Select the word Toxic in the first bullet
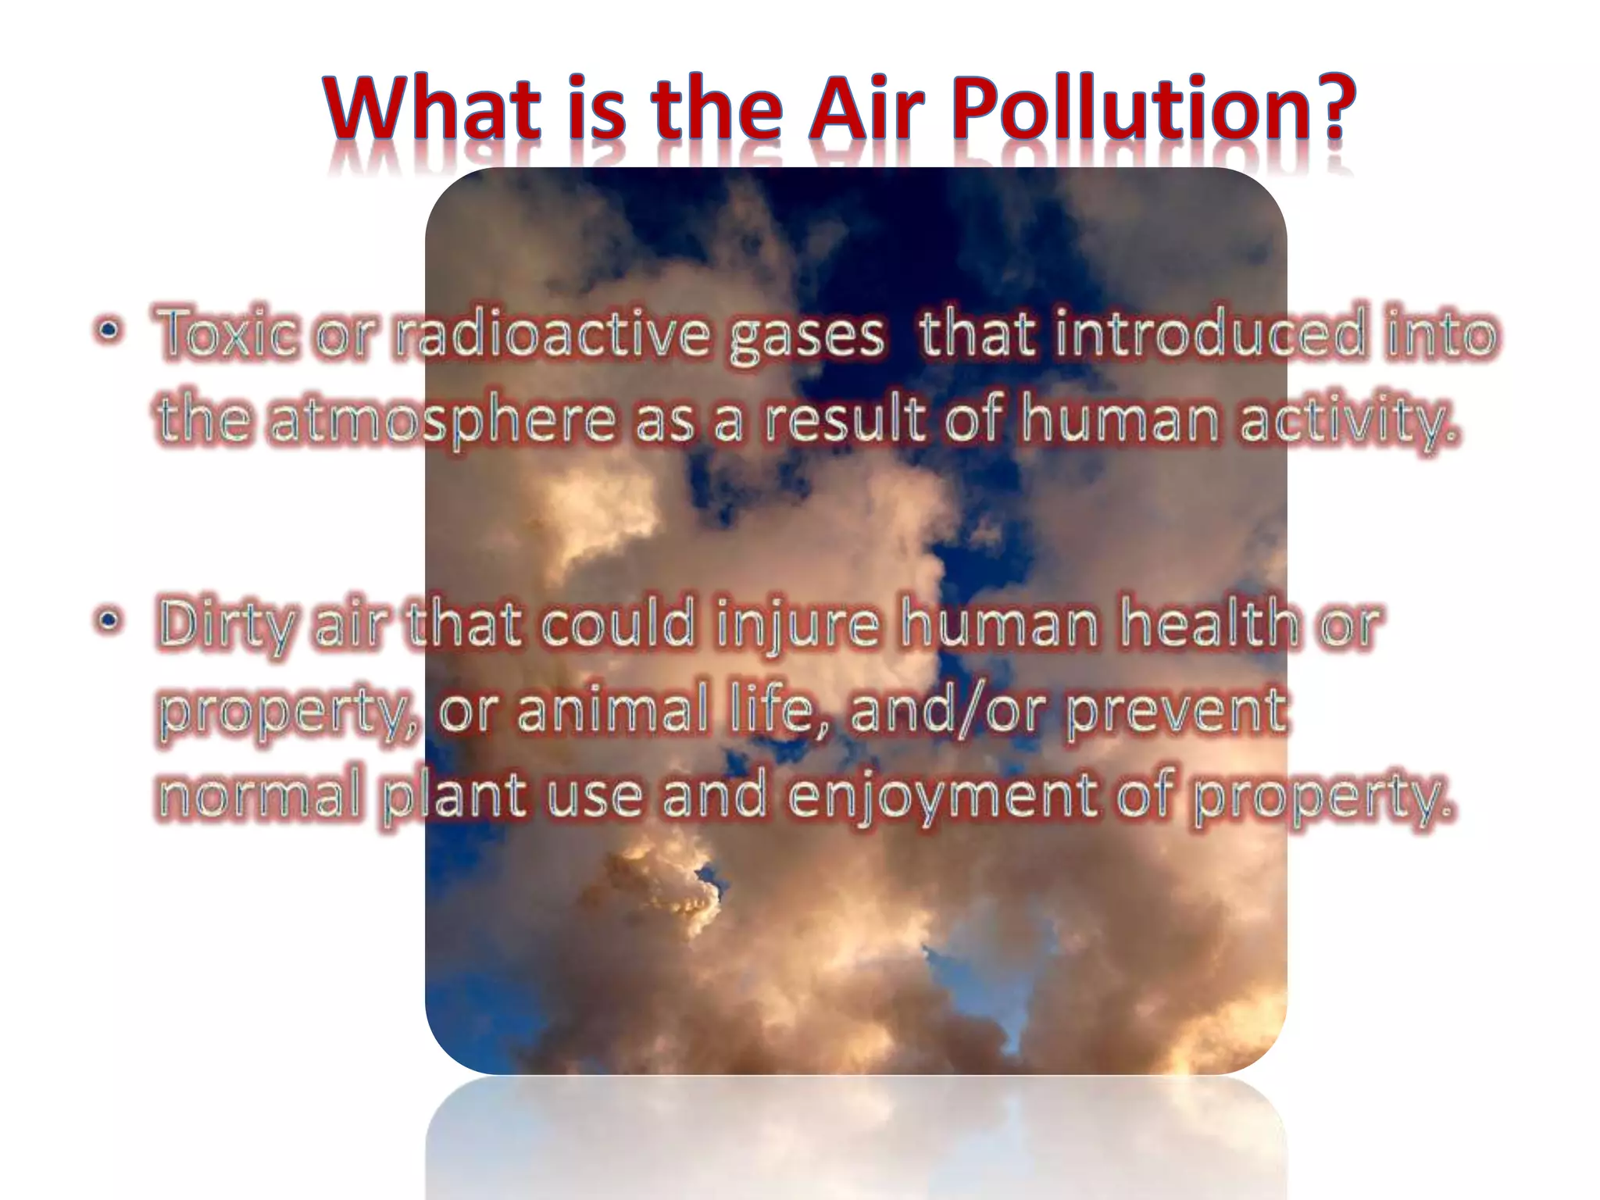(227, 335)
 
